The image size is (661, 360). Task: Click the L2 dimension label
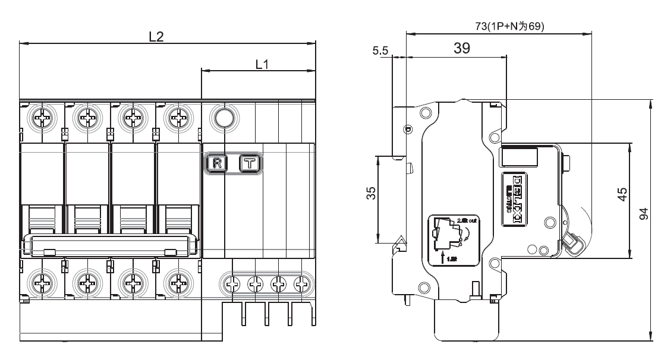tap(156, 36)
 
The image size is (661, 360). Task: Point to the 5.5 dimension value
tap(380, 52)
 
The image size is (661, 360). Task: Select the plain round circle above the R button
tap(224, 118)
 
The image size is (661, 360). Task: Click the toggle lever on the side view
tap(572, 243)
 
